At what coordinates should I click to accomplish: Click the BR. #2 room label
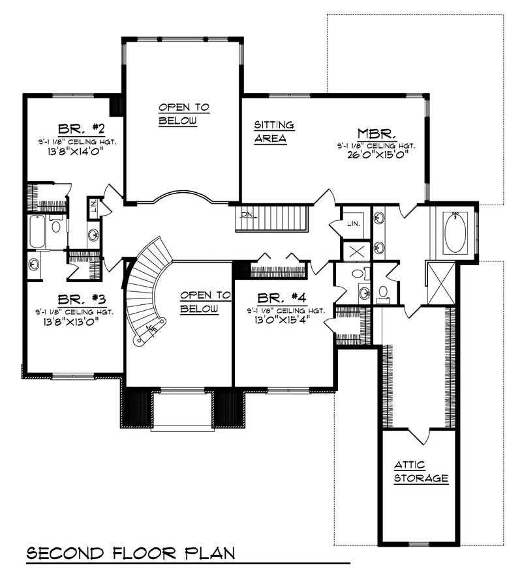coord(72,128)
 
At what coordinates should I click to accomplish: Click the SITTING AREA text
coord(273,131)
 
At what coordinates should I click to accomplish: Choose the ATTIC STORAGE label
coord(421,471)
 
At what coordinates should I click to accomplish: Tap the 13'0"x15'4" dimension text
coord(277,321)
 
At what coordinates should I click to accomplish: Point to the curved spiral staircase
coord(145,290)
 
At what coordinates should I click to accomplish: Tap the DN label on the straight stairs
coord(245,214)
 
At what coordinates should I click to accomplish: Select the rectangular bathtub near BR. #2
coord(37,232)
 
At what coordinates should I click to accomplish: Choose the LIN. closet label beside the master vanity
coord(354,223)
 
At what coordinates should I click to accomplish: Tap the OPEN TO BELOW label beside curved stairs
coord(204,302)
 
